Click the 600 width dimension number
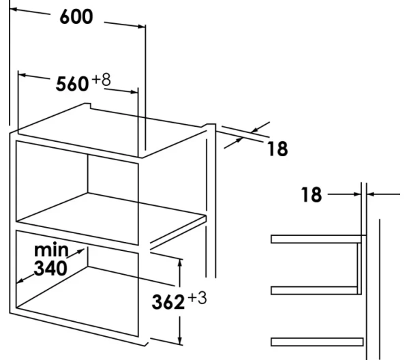[76, 18]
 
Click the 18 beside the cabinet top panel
[277, 148]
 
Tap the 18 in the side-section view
[311, 196]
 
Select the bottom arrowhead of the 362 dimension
[179, 343]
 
